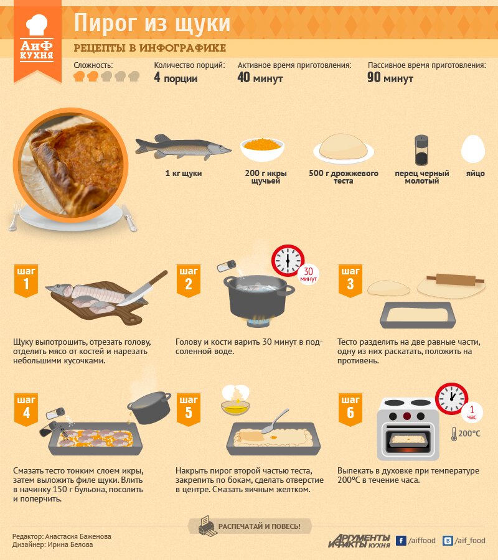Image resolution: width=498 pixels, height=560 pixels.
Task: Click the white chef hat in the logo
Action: coord(37,25)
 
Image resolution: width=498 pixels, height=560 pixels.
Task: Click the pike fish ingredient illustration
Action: coord(183,147)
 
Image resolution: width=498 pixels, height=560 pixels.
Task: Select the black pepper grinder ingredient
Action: coord(421,150)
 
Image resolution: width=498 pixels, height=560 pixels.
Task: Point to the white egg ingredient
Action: coord(473,149)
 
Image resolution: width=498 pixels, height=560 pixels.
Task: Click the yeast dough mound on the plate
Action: coord(344,146)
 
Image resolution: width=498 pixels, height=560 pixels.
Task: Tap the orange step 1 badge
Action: coord(26,281)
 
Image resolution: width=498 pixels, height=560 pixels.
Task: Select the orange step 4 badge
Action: coord(26,409)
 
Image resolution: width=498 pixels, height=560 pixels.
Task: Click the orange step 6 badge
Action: coord(350,409)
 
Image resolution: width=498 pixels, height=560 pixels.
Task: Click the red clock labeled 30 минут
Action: coord(288,261)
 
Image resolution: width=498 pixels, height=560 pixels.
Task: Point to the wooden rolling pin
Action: coord(455,279)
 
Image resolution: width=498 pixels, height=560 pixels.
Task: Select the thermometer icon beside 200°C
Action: coord(454,434)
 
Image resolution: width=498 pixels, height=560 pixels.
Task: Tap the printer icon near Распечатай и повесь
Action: coord(207,526)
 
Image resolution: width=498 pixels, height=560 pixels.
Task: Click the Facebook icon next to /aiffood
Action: coord(401,541)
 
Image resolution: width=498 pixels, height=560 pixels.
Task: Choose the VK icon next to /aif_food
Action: coord(448,541)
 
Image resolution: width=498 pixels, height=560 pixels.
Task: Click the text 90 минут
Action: coord(390,78)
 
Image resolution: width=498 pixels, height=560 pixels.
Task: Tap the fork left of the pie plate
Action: coord(15,217)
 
